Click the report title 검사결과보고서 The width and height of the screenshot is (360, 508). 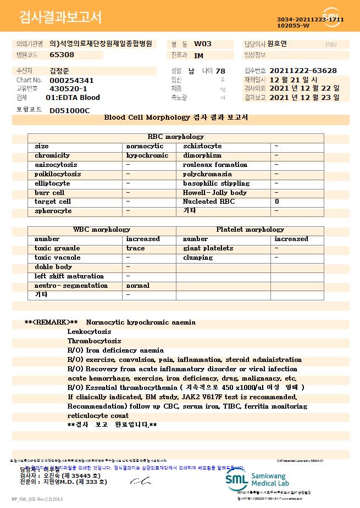click(60, 18)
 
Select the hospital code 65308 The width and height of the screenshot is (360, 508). click(62, 55)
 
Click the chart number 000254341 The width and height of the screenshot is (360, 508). click(71, 80)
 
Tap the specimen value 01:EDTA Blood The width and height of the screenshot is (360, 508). click(73, 97)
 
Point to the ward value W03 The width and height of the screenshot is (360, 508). click(203, 44)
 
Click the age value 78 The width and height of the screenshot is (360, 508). click(220, 71)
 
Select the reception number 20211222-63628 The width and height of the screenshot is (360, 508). click(303, 71)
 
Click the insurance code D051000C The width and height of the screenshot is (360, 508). click(69, 110)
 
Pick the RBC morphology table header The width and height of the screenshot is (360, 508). click(176, 137)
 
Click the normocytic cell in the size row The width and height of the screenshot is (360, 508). click(145, 146)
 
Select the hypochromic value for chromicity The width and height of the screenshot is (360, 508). click(147, 155)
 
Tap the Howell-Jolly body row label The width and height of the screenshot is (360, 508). click(215, 193)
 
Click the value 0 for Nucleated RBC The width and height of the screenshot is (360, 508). click(277, 202)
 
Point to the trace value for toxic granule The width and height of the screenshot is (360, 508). click(136, 248)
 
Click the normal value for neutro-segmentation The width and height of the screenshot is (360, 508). click(138, 286)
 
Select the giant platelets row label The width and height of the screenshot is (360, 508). click(208, 248)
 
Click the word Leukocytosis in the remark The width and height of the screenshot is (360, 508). click(89, 332)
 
